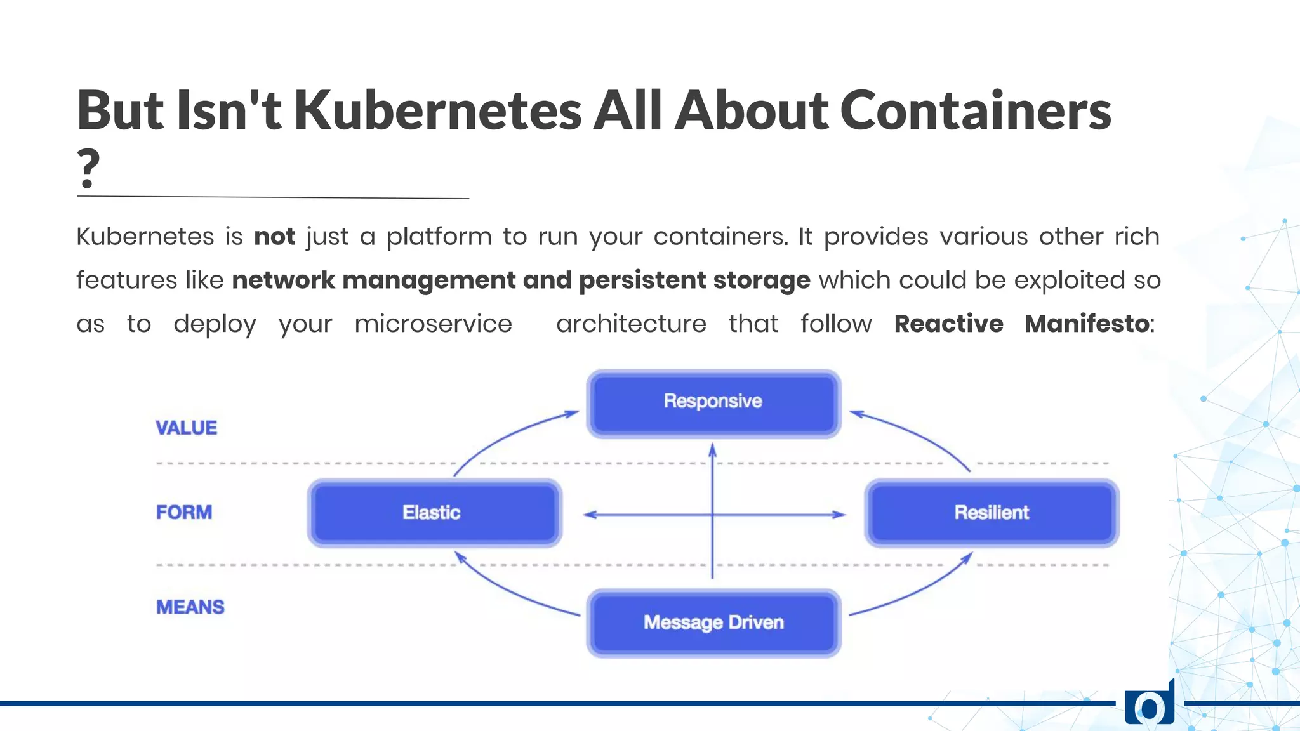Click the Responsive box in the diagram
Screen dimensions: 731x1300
pos(713,403)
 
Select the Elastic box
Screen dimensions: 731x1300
pos(434,513)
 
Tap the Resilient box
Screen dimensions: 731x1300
pos(992,513)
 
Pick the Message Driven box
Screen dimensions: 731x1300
pos(713,622)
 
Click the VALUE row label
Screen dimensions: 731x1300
pos(186,428)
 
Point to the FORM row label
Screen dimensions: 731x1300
pos(184,512)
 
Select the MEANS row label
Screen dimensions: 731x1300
pos(190,607)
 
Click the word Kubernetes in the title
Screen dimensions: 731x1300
pos(437,110)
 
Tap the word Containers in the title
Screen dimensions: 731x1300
pos(975,110)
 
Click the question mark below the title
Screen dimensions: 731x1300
pos(88,168)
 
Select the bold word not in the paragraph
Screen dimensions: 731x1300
pos(274,237)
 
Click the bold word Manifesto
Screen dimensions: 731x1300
pos(1087,324)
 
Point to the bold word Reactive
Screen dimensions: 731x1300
pos(948,324)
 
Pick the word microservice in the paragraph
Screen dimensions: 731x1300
pos(433,324)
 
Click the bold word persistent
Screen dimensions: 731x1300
pos(641,280)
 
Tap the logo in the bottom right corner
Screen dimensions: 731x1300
pos(1150,704)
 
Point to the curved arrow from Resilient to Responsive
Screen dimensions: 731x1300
pos(920,435)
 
